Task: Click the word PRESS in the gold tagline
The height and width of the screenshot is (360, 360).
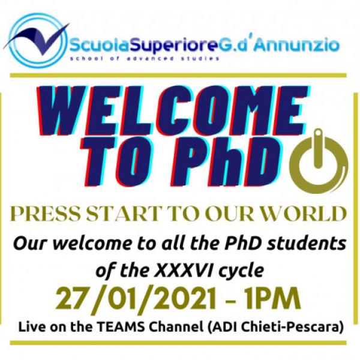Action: coord(46,214)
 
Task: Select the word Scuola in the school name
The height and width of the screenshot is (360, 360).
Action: coord(100,45)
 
